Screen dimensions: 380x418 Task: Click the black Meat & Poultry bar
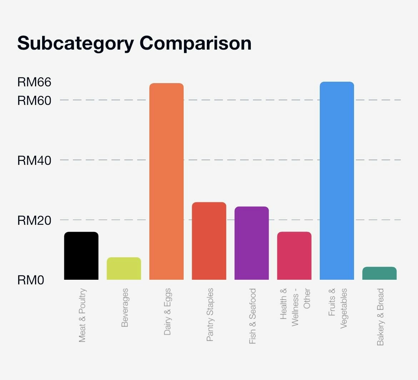81,256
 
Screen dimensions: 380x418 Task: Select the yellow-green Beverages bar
124,268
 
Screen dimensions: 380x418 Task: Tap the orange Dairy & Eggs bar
166,181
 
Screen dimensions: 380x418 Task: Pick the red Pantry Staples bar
209,241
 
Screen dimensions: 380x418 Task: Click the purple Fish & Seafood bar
252,243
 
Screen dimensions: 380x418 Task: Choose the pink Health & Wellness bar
294,256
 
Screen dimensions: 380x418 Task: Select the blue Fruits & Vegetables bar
337,181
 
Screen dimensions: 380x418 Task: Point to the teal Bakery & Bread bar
379,273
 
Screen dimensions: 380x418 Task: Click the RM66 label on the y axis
34,82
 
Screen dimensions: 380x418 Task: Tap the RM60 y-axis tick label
34,101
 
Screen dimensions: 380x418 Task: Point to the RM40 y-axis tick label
34,161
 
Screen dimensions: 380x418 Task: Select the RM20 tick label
34,221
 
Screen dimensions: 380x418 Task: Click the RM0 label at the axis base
31,280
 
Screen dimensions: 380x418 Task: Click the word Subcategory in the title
75,44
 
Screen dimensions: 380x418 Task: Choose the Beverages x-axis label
124,308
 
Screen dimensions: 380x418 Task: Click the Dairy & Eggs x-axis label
167,311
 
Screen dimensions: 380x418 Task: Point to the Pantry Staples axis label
210,315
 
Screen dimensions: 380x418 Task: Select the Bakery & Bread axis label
380,317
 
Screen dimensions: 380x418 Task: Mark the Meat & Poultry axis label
82,315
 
